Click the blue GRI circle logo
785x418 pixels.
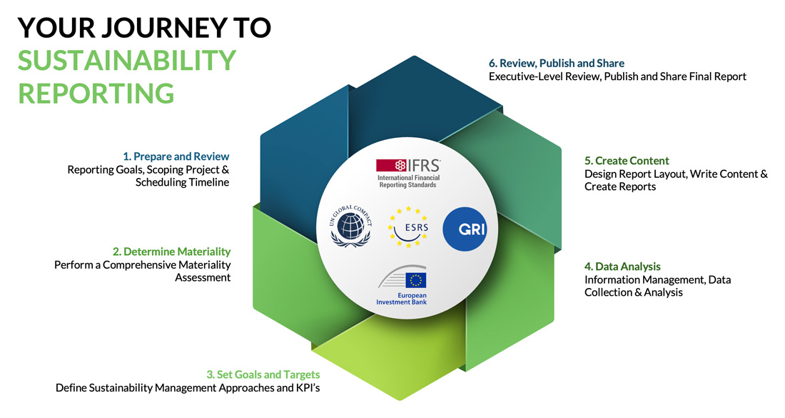pyautogui.click(x=465, y=229)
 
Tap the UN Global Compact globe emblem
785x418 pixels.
pyautogui.click(x=350, y=226)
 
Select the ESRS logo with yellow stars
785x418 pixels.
pyautogui.click(x=408, y=227)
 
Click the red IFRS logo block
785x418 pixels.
pyautogui.click(x=391, y=165)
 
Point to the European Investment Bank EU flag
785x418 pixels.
pyautogui.click(x=415, y=280)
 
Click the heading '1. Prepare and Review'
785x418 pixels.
pyautogui.click(x=176, y=156)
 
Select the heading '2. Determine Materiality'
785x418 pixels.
pyautogui.click(x=172, y=252)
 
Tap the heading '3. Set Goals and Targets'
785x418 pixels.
pyautogui.click(x=263, y=374)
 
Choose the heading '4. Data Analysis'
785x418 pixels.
pyautogui.click(x=622, y=267)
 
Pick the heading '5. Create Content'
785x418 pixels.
pyautogui.click(x=627, y=161)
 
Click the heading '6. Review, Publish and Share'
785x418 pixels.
pyautogui.click(x=557, y=63)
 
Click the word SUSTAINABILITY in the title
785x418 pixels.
pyautogui.click(x=127, y=60)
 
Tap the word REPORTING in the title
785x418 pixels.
pyautogui.click(x=96, y=93)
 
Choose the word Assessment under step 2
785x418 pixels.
pyautogui.click(x=203, y=278)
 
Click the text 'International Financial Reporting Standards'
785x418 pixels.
pyautogui.click(x=408, y=181)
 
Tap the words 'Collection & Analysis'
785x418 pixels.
pyautogui.click(x=633, y=293)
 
